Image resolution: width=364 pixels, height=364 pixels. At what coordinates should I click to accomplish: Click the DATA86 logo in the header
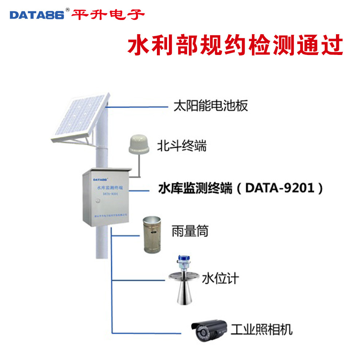coord(37,15)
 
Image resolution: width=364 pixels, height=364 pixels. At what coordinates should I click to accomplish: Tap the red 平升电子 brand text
coord(108,15)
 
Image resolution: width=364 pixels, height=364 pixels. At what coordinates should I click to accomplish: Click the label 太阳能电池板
coord(211,106)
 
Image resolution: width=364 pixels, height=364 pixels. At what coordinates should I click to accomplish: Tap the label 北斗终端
coord(182,146)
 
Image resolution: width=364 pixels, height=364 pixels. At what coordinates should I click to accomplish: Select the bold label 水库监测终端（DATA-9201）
coord(241,189)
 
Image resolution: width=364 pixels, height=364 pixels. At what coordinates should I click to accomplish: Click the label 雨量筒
coord(190,231)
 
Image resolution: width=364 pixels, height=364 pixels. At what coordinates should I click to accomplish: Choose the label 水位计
coord(220,278)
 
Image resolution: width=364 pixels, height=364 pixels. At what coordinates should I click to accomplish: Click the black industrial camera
coord(209,329)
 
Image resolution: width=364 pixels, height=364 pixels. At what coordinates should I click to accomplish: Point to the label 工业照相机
coord(261,329)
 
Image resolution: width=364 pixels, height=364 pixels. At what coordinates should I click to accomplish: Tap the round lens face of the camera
coord(201,332)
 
